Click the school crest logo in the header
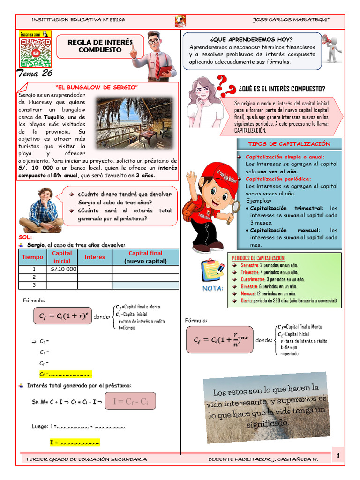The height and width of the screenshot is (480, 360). tap(180, 21)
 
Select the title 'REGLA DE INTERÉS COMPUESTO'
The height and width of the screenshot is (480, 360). tap(100, 46)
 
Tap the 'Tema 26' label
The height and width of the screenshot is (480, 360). tap(35, 73)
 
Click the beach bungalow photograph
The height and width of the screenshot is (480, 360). tap(134, 123)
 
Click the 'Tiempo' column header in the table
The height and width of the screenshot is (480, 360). tap(32, 257)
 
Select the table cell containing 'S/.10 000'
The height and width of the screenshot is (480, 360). tap(62, 269)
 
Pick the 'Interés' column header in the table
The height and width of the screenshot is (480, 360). tap(95, 257)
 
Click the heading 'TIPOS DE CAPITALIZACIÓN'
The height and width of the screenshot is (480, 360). tap(289, 144)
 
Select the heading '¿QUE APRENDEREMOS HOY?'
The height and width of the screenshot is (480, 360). tap(252, 39)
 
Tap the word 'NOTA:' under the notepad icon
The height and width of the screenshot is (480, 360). tap(212, 288)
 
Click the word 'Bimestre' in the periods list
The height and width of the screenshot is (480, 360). tap(250, 286)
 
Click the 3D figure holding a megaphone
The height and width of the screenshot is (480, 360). tap(332, 48)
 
